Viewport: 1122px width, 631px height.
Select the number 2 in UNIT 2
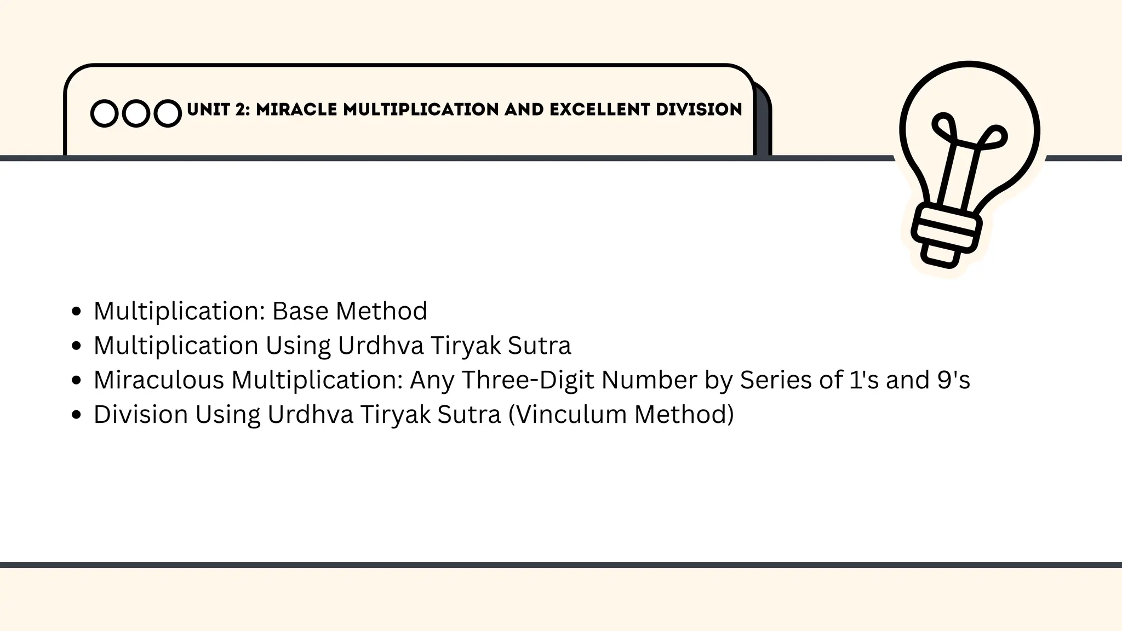[242, 110]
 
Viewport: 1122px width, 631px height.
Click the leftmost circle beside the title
[104, 113]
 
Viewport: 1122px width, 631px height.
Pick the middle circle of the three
[136, 113]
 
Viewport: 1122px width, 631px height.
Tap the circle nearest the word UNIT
[168, 113]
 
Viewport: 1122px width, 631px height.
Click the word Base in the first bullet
[300, 311]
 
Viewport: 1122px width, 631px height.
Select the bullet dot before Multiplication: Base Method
[77, 312]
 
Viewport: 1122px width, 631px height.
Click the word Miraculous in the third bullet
[159, 380]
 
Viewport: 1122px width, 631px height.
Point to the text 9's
[953, 380]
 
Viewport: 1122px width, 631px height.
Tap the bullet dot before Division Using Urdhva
[77, 415]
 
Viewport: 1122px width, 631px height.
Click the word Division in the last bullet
[141, 415]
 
